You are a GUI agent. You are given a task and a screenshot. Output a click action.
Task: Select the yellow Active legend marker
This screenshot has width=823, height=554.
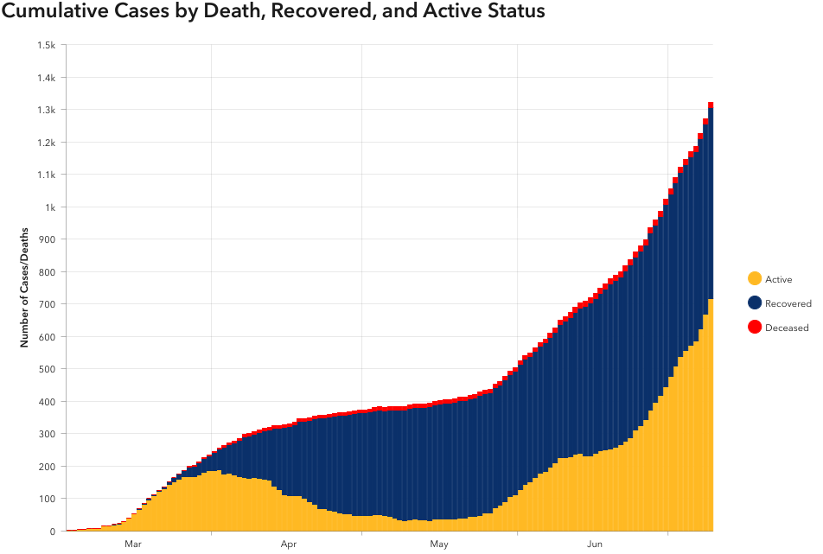tap(755, 279)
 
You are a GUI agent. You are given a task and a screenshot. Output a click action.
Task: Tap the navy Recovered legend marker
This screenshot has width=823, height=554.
tap(755, 303)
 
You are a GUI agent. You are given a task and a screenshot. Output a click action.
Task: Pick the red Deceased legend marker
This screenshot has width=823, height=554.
tap(755, 328)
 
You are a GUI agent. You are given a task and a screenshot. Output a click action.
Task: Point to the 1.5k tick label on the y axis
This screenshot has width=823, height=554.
tap(46, 45)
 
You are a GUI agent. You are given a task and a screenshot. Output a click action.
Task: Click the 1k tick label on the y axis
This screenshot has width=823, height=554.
tap(50, 207)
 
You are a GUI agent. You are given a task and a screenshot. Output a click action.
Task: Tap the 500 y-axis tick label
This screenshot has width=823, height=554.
tap(48, 369)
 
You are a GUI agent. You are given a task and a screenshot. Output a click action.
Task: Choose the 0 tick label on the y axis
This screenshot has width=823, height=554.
tap(53, 532)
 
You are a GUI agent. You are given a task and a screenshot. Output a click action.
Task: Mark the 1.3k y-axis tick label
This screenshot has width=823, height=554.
tap(46, 110)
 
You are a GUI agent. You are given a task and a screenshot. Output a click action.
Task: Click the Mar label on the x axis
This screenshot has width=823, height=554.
tap(133, 544)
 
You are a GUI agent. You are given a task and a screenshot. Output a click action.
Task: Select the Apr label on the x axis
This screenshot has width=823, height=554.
tap(289, 544)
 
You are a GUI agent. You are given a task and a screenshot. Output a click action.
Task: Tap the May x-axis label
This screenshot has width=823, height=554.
tap(439, 544)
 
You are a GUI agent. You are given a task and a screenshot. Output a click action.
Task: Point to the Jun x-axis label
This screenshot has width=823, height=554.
tap(595, 544)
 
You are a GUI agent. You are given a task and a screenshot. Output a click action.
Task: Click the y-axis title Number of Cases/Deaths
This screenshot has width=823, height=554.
tap(25, 288)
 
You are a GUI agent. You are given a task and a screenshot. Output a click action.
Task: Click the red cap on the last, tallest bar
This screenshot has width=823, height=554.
tap(711, 105)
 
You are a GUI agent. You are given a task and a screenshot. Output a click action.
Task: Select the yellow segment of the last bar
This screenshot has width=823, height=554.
tap(711, 415)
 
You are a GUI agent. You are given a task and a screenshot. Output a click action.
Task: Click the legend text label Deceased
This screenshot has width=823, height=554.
tap(787, 328)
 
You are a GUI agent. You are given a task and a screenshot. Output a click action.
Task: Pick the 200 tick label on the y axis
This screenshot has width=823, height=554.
tap(48, 467)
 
